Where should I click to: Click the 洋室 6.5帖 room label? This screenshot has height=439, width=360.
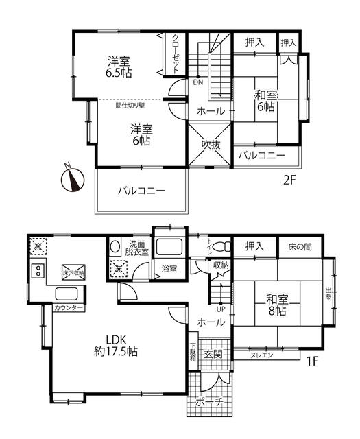(x=119, y=66)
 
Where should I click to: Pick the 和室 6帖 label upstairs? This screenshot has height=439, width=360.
(x=266, y=102)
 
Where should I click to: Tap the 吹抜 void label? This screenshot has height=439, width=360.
(x=211, y=145)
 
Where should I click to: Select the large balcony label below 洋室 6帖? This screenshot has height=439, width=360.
(x=140, y=190)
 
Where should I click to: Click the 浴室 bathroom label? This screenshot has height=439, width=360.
(x=169, y=269)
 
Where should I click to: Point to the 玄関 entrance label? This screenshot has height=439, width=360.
(x=213, y=354)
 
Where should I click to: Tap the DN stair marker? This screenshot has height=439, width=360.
(x=197, y=83)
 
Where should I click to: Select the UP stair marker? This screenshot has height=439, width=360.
(x=221, y=308)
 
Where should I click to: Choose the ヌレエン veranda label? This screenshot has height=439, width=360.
(x=261, y=355)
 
